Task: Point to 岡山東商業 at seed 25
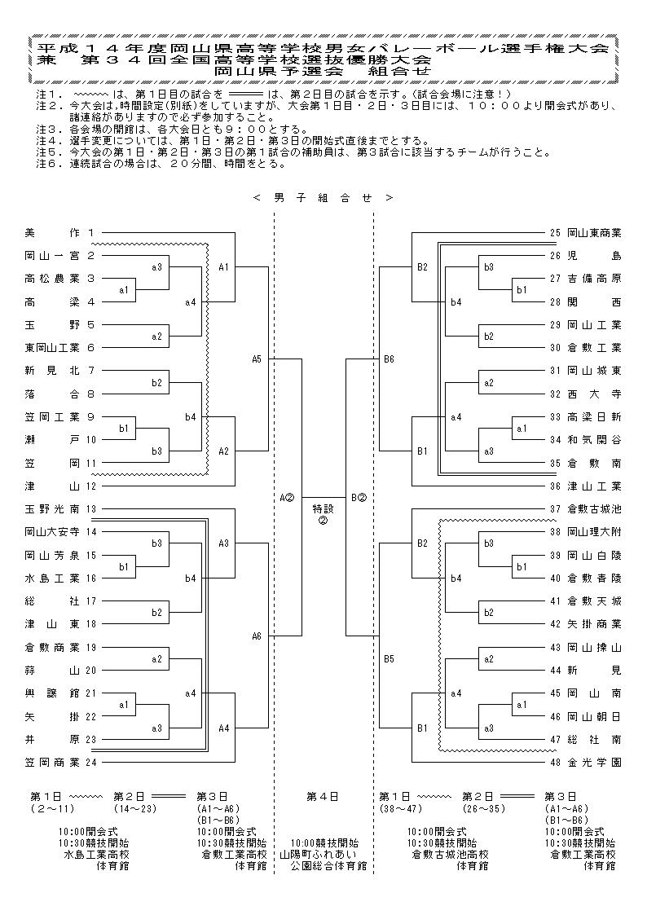[594, 233]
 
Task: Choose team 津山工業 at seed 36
[594, 486]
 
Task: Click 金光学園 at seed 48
[594, 762]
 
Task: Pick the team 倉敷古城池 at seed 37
[594, 509]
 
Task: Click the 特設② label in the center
[323, 514]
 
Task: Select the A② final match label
[286, 498]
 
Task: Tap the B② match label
[359, 498]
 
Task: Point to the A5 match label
[256, 359]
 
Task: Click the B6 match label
[390, 359]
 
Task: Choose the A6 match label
[256, 636]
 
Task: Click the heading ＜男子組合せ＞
[323, 198]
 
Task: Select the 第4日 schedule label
[323, 796]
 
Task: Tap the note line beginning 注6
[161, 164]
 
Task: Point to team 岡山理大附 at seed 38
[594, 531]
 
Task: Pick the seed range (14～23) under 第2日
[136, 808]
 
